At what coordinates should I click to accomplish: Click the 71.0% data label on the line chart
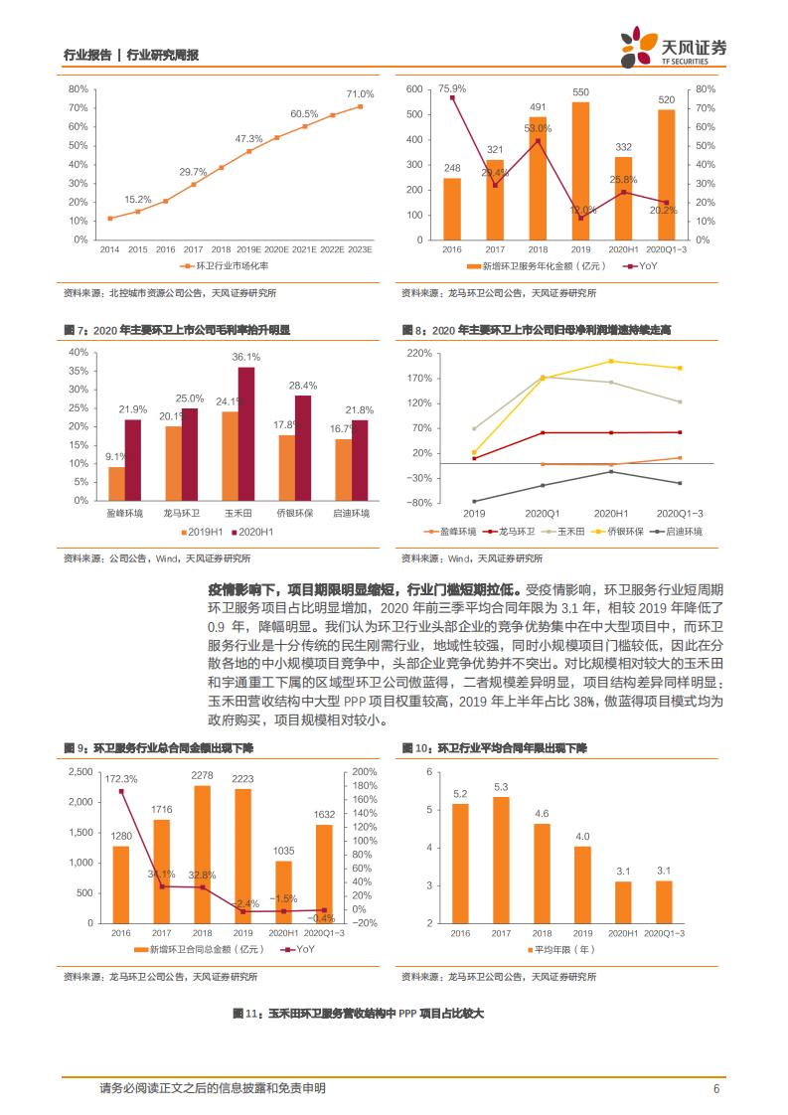tap(360, 94)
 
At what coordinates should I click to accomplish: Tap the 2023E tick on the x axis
tap(360, 249)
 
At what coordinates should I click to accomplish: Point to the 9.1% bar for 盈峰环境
tap(117, 482)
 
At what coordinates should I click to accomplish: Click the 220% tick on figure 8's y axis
tap(419, 353)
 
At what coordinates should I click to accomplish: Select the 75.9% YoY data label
tap(452, 87)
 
